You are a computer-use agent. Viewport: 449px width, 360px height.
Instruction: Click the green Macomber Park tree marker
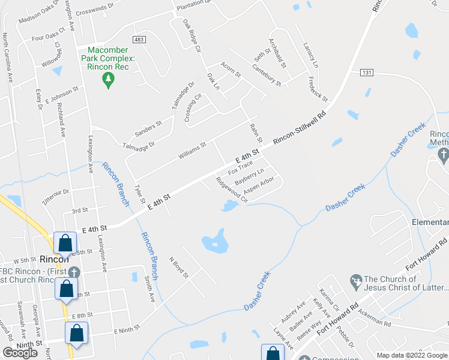(x=109, y=80)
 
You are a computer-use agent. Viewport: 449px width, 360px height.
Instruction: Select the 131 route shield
(x=367, y=73)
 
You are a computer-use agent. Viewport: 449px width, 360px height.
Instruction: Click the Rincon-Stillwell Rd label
(x=300, y=128)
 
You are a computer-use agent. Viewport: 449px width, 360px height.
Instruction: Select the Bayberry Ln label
(x=249, y=177)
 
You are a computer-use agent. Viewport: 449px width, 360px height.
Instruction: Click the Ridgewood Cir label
(x=232, y=188)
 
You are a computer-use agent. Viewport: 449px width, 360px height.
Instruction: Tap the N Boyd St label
(x=178, y=268)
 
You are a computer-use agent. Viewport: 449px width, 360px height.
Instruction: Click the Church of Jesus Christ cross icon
(x=355, y=280)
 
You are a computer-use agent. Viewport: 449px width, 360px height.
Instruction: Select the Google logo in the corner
(x=20, y=353)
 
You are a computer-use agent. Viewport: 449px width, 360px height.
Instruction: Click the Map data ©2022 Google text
(x=412, y=355)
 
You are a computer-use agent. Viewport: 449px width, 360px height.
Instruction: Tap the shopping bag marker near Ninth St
(x=77, y=334)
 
